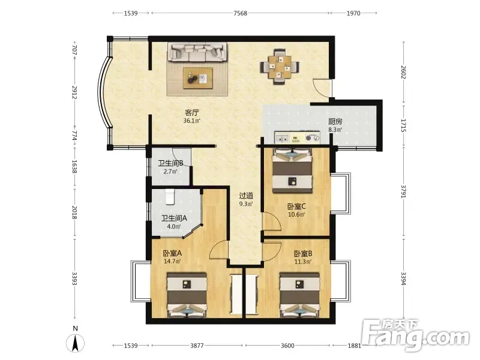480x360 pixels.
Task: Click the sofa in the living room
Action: [x=197, y=52]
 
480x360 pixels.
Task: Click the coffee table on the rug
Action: [x=198, y=78]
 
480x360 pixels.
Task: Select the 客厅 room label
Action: [x=191, y=113]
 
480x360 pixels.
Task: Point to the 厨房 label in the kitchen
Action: [x=335, y=122]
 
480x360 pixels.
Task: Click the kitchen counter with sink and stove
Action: [x=297, y=137]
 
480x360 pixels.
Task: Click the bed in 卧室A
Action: [x=187, y=295]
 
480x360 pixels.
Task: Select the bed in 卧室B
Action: [x=299, y=295]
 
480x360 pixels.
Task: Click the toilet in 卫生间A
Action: [x=170, y=196]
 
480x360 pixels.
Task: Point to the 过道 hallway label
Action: [x=246, y=196]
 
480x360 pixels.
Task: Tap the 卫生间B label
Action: [x=170, y=163]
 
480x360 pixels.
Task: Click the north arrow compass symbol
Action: [x=76, y=343]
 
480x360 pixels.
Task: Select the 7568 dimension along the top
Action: [x=241, y=13]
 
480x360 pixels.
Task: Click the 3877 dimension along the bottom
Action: [x=197, y=346]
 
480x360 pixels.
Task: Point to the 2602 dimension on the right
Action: [x=403, y=72]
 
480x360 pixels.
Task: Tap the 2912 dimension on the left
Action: [x=74, y=92]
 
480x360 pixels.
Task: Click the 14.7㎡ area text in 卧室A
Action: [x=172, y=262]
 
